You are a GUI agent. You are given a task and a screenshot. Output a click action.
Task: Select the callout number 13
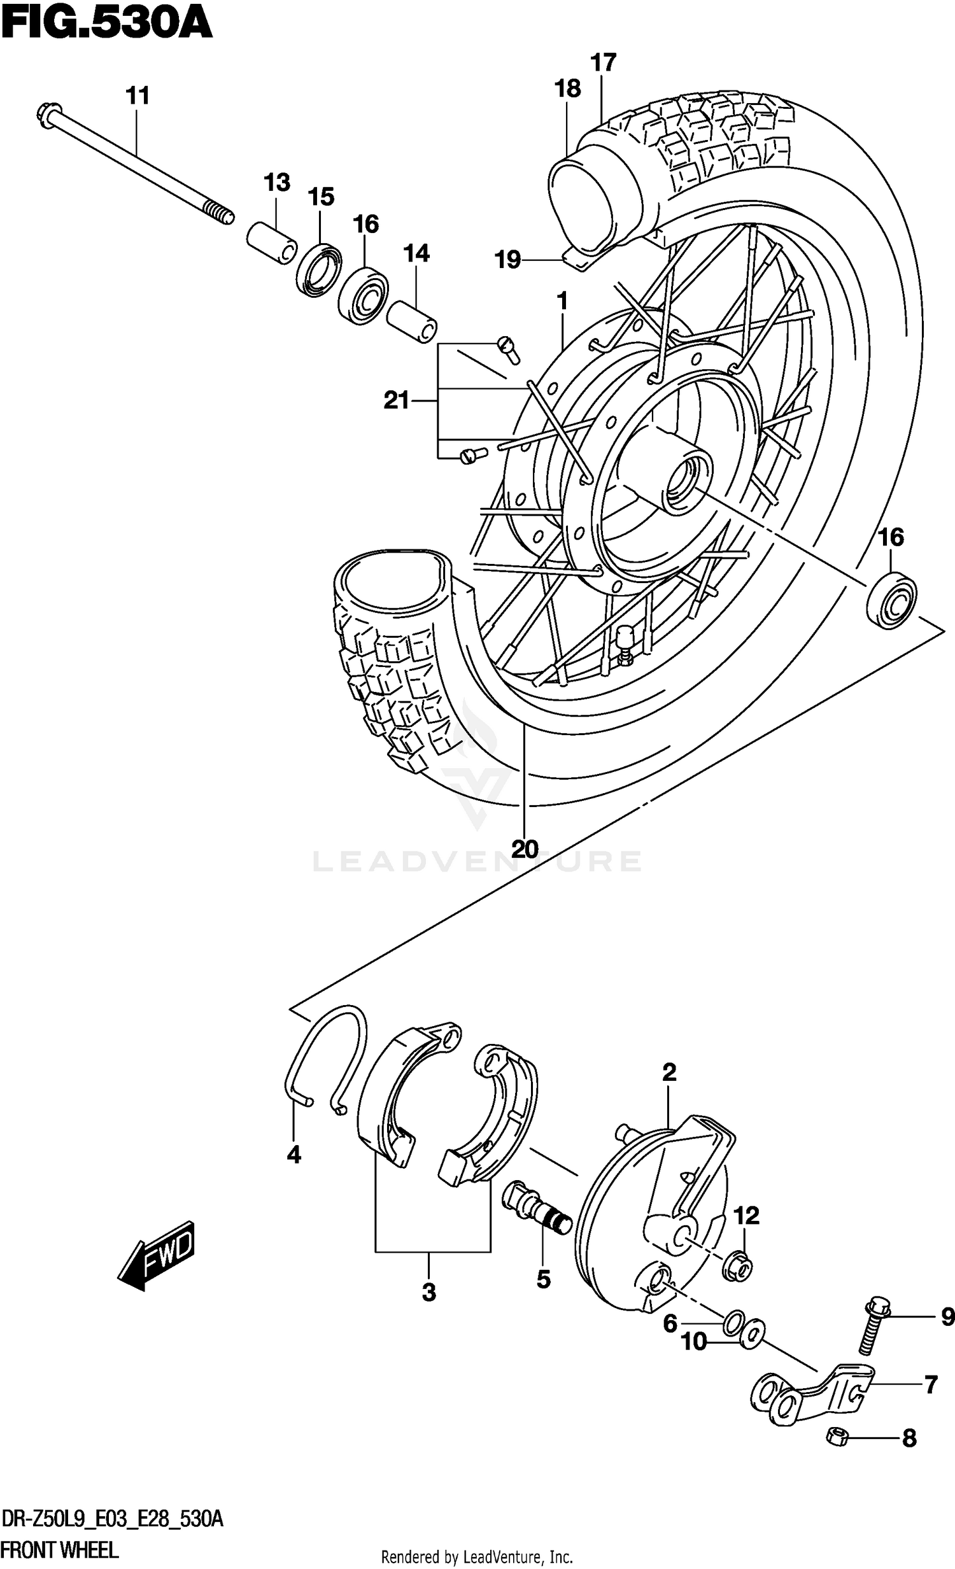(277, 183)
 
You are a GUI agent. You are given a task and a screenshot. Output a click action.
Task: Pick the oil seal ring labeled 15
(318, 269)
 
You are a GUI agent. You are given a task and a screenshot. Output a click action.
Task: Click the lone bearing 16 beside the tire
(892, 599)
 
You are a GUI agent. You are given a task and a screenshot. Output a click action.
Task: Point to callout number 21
(396, 400)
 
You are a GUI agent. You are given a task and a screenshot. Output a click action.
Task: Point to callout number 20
(525, 849)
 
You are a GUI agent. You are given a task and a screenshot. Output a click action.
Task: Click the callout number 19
(509, 260)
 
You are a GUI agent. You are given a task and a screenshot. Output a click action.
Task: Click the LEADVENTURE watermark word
(476, 862)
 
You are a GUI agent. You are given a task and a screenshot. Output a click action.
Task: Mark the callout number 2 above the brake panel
(668, 1073)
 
